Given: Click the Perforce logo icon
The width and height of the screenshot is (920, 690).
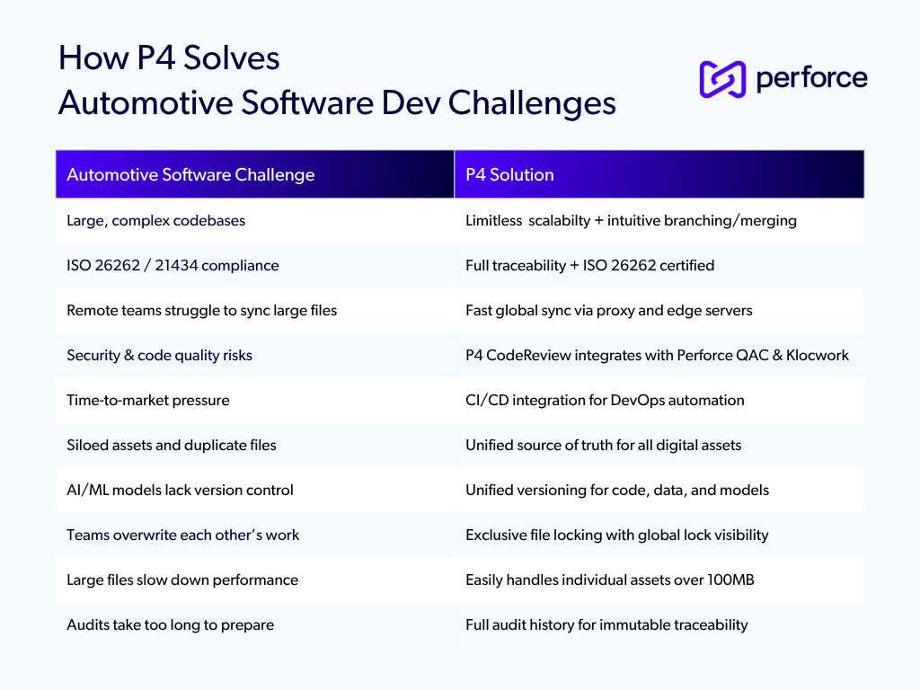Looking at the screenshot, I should coord(722,79).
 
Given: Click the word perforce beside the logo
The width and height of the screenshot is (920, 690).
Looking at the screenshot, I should coord(811,79).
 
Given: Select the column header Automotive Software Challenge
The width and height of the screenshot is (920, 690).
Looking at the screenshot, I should coord(190,175).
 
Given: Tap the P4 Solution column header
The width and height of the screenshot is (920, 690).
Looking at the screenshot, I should coord(509,175).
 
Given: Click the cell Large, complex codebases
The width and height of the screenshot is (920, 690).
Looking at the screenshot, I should coord(155,221).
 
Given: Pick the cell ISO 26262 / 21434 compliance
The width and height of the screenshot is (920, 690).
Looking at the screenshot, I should coord(172,266).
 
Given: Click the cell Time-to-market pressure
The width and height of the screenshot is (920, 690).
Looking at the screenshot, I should coord(147,401).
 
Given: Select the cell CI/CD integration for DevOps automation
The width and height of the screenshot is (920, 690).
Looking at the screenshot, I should coord(605,401).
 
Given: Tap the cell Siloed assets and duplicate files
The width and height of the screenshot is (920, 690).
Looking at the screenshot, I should coord(171,446).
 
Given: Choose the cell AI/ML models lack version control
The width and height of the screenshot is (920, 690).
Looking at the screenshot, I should coord(180,491).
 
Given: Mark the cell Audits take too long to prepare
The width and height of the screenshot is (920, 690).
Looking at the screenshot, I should coord(170,625).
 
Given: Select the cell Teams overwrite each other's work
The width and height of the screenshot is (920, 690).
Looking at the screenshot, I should coord(182,535).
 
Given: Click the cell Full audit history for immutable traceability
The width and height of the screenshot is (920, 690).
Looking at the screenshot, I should coord(606,625).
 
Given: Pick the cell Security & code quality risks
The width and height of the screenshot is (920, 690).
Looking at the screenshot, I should coord(159,356).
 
